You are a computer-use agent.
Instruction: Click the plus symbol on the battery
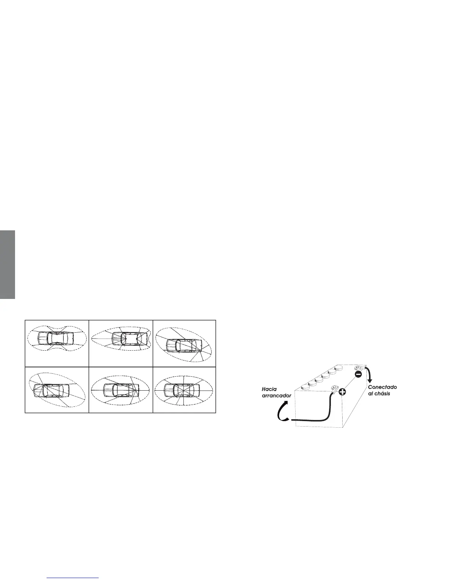[x=342, y=392]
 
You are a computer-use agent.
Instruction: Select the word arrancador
[x=276, y=395]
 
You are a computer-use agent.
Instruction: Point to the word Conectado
[x=383, y=387]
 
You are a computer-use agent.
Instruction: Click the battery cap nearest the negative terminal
[x=339, y=367]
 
